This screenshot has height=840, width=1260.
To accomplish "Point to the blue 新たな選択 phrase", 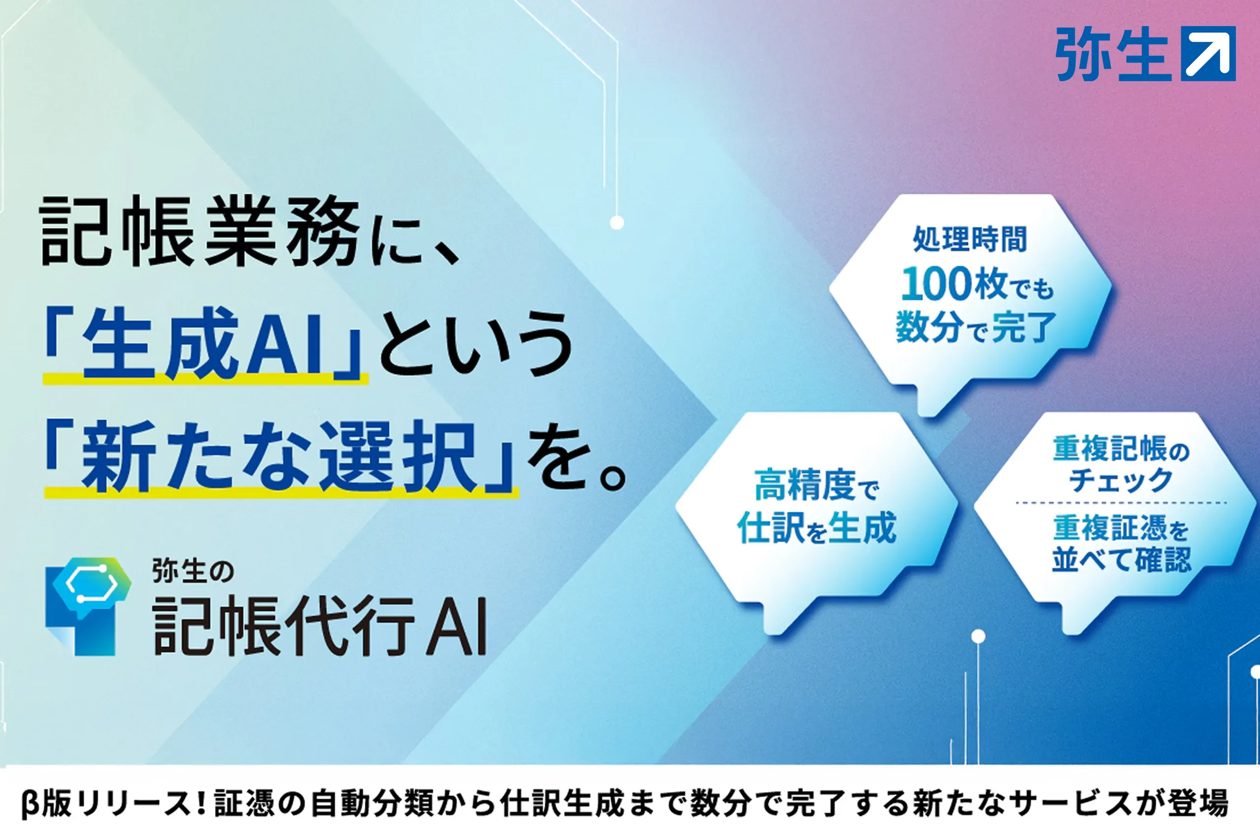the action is [279, 457].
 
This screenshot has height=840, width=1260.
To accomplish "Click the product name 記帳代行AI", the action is [320, 624].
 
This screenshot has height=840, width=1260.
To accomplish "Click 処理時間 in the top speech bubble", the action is [970, 239].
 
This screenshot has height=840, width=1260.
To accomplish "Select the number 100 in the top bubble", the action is [937, 284].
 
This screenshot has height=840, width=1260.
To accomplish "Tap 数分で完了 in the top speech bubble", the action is [975, 326].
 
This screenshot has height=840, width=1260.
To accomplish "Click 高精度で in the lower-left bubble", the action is [817, 485].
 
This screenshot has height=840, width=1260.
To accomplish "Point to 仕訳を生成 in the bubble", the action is [817, 528].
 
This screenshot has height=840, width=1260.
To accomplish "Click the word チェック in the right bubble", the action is [1121, 479].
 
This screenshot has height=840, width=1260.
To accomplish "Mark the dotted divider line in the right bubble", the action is [1121, 503].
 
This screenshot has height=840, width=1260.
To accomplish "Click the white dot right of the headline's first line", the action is [617, 222].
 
